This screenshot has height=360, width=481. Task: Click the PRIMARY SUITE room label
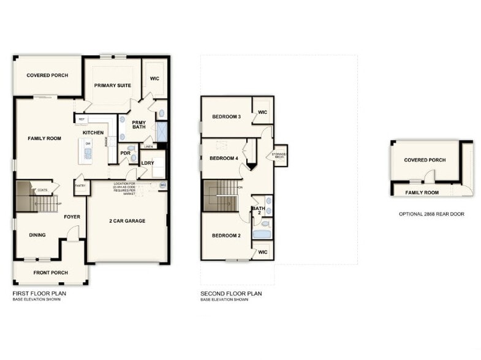pos(112,86)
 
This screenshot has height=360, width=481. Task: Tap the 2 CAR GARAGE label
pos(127,220)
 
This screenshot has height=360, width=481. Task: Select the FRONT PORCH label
pos(51,272)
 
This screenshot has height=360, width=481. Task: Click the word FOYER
pos(72,217)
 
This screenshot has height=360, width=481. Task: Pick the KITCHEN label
pos(93,133)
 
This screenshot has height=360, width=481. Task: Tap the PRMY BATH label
pos(139,124)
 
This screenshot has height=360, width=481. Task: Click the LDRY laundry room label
pos(148,163)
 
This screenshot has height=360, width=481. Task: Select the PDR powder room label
pos(125,153)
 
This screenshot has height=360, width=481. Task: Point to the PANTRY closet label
pos(80,185)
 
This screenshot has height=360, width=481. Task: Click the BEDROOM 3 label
pos(226,117)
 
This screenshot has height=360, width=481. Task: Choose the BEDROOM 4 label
pos(223,159)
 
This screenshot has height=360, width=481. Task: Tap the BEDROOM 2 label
pos(226,236)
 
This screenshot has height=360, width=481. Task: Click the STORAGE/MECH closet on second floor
pos(280,156)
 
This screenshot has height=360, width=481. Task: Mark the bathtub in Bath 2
pos(262,233)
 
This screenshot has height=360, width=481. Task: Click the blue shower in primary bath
pos(162,132)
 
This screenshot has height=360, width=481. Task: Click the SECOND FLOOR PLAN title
pos(231,294)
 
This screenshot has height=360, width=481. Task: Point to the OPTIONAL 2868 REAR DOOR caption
pos(431,214)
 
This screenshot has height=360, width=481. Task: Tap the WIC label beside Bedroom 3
pos(262,112)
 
